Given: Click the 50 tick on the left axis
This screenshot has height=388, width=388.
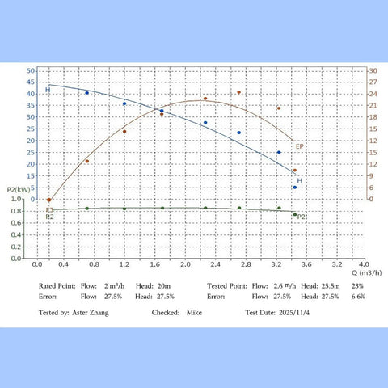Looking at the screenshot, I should [x=30, y=70].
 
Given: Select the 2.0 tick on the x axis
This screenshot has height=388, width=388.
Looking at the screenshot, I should [x=185, y=264].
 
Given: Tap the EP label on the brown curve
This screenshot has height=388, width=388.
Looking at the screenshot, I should [x=299, y=146].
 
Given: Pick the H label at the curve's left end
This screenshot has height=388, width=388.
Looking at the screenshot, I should [x=47, y=90].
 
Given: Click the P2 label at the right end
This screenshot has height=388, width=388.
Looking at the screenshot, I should [x=301, y=217].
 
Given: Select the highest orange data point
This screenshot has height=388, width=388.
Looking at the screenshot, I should [x=239, y=92].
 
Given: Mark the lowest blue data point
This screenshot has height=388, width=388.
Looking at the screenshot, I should [x=295, y=188].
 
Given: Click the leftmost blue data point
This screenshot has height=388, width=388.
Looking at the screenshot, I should [x=87, y=93].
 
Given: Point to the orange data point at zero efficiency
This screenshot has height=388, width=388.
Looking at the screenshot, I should [x=49, y=200].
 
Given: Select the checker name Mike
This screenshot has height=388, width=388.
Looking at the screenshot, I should [x=194, y=311].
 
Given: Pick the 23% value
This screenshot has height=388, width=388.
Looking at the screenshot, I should [x=358, y=285].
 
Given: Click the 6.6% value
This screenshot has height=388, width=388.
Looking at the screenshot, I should [x=358, y=296].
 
